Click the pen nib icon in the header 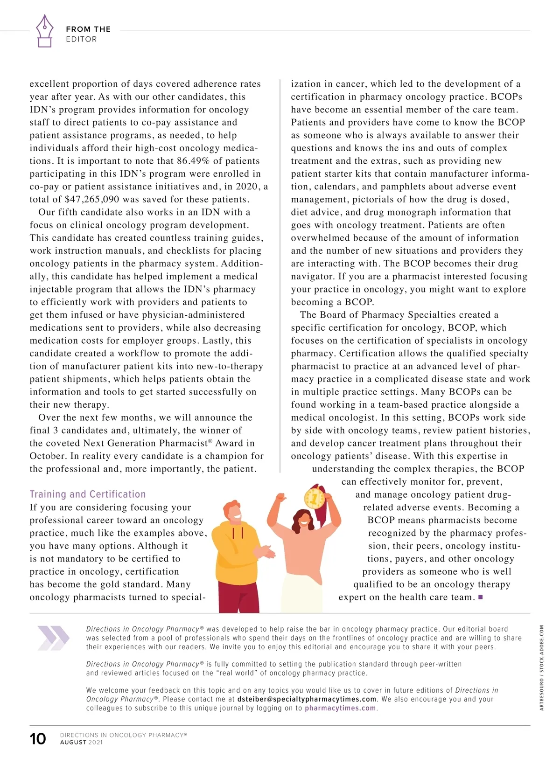[44, 30]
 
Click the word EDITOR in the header [81, 39]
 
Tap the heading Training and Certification [88, 494]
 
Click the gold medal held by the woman [314, 499]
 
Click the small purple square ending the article [481, 597]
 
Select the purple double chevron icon [53, 638]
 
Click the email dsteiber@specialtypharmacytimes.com [307, 699]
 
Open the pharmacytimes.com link [340, 708]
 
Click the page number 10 [38, 738]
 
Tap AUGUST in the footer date [73, 742]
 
